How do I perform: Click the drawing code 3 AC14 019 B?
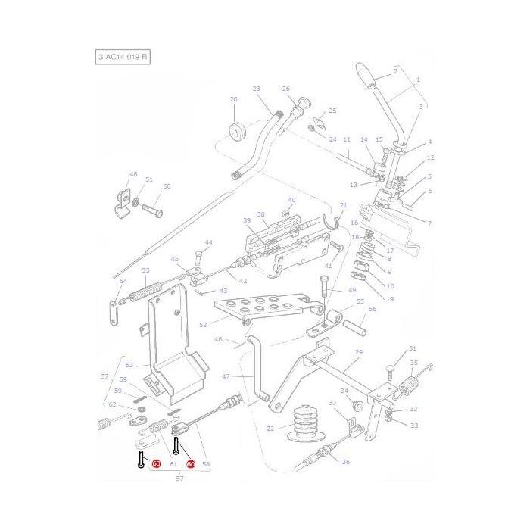click(x=123, y=58)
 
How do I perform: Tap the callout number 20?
click(x=233, y=100)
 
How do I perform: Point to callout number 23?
click(x=257, y=89)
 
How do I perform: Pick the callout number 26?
click(x=286, y=89)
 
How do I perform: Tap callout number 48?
click(x=134, y=175)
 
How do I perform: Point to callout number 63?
click(x=129, y=365)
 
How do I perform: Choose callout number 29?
click(x=359, y=353)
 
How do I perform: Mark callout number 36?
click(x=346, y=463)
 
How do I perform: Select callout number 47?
click(x=226, y=376)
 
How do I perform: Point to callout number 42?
click(x=243, y=281)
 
